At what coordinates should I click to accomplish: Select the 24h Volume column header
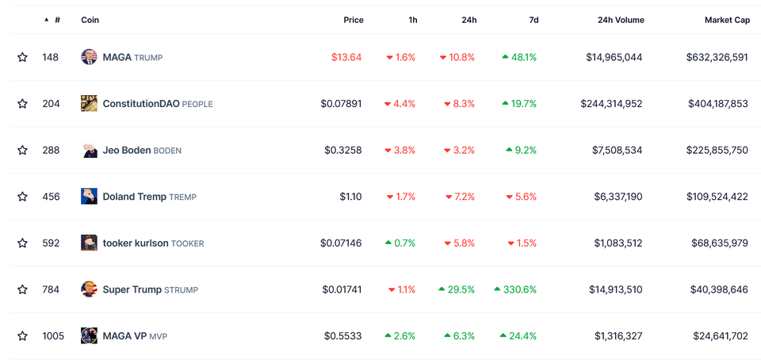click(x=621, y=20)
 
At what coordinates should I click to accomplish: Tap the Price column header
click(x=353, y=20)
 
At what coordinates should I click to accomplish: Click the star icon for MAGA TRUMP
click(x=22, y=57)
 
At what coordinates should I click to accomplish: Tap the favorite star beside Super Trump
click(x=22, y=289)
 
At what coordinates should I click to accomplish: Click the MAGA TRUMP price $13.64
click(x=346, y=57)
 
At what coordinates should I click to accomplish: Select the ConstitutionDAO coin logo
click(x=89, y=103)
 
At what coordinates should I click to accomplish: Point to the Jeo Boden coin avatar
click(x=89, y=150)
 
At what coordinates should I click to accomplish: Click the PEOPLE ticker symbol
click(x=197, y=104)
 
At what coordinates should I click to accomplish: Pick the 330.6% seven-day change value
click(x=519, y=289)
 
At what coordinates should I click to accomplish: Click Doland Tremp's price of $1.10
click(x=350, y=197)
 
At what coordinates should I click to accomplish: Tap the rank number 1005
click(x=53, y=336)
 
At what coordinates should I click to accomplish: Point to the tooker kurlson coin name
click(x=136, y=243)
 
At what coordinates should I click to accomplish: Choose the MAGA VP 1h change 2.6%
click(x=403, y=336)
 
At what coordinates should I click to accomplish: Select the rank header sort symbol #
click(x=57, y=20)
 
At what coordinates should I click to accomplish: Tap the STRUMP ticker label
click(x=181, y=290)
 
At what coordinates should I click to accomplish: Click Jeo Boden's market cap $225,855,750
click(x=717, y=150)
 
